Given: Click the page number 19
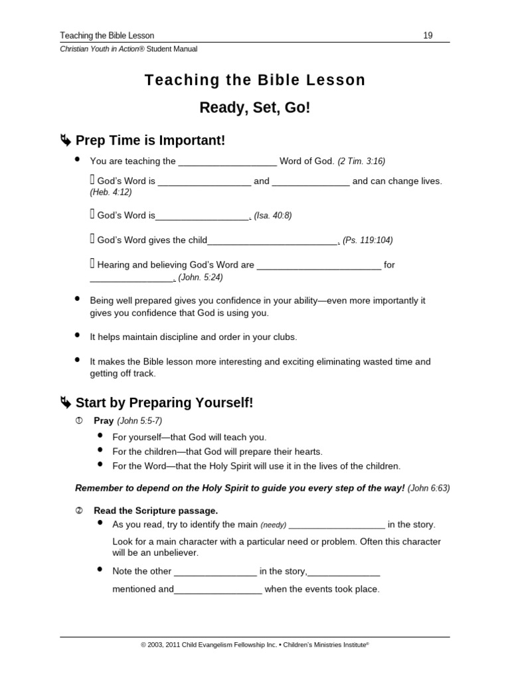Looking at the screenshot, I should (x=428, y=35).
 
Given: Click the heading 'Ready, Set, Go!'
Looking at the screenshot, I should (x=255, y=107).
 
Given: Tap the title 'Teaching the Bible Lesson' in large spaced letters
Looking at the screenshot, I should (x=255, y=80).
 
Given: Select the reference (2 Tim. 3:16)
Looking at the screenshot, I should (x=361, y=161).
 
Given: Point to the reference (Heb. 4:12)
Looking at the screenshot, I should (x=111, y=192).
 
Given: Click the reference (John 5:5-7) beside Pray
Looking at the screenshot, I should (x=139, y=421).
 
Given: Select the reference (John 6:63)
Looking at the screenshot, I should (x=428, y=487).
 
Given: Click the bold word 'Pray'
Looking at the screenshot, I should (x=104, y=421).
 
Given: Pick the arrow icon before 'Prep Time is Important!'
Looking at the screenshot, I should (x=65, y=140).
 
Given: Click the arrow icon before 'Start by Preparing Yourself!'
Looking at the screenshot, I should (x=65, y=403).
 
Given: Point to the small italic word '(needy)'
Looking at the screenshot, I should (x=273, y=525).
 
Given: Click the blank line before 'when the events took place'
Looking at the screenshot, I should (x=218, y=590).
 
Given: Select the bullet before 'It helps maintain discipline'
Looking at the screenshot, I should (x=78, y=335).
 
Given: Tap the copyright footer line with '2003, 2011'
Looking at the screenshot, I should (x=255, y=644).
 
